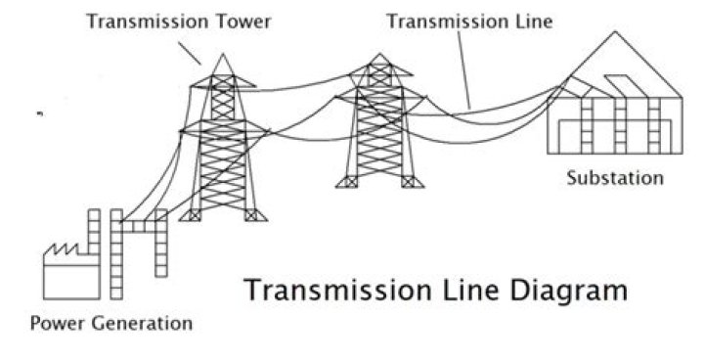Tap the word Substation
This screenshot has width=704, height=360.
coord(615,178)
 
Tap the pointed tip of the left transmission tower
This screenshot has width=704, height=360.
coord(222,54)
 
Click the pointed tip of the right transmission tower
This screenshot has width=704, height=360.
coord(379,54)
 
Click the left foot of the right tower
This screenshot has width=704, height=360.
coord(347,182)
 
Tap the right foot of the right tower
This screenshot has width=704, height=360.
coord(413,182)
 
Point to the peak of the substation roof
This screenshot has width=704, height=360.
coord(615,31)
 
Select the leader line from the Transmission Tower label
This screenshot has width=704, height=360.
coord(190,53)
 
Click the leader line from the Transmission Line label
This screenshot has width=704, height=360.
coord(463,69)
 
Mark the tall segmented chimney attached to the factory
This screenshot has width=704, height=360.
coord(116,254)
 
